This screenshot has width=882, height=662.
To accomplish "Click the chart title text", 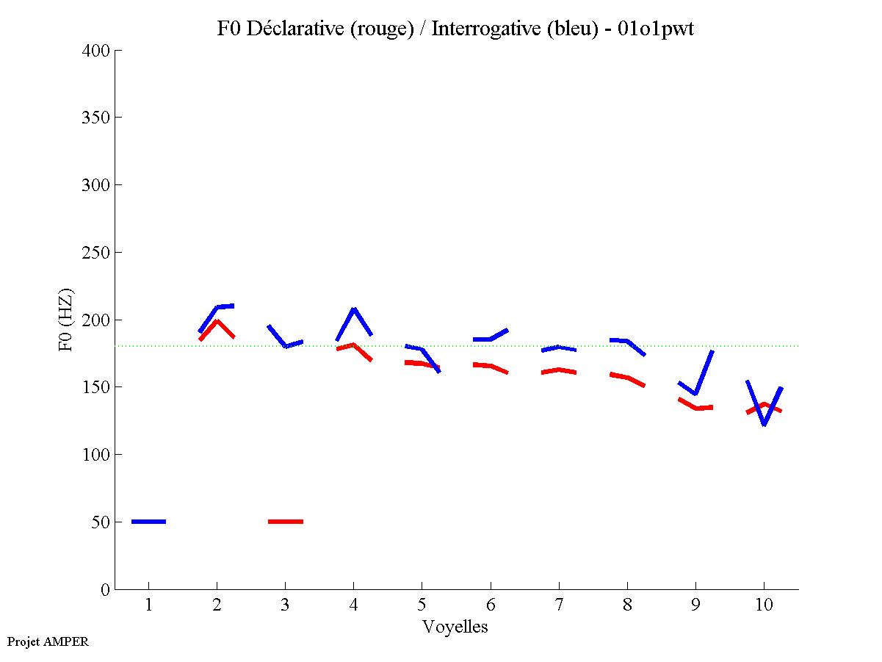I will (455, 29).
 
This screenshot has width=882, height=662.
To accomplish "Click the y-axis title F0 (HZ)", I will (67, 320).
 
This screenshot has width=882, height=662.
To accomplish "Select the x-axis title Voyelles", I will (455, 627).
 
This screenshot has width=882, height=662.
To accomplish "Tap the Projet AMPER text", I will (48, 641).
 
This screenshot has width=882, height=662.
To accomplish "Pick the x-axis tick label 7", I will (558, 605).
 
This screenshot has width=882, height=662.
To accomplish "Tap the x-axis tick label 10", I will (764, 605).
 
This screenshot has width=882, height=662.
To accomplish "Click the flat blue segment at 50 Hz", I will (148, 522).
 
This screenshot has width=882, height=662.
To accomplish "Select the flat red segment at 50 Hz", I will (286, 522).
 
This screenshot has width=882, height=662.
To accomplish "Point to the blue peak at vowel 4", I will (354, 310).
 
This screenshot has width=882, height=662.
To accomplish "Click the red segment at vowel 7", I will (558, 370).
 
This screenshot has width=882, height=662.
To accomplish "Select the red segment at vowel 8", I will (626, 378).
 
